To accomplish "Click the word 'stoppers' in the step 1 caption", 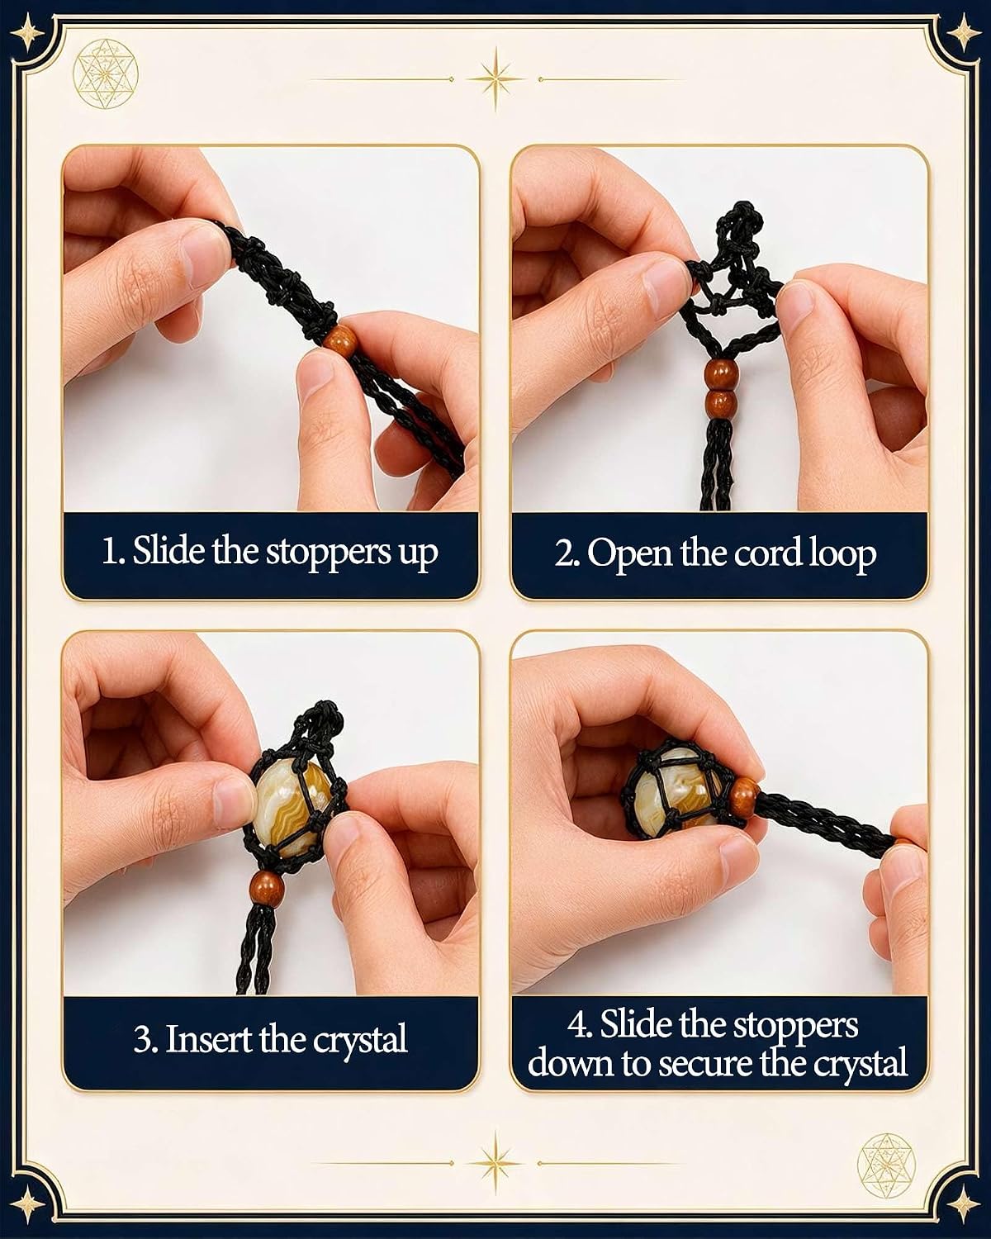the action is click(324, 553).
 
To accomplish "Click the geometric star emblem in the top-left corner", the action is click(106, 80).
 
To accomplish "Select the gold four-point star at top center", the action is click(496, 78).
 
